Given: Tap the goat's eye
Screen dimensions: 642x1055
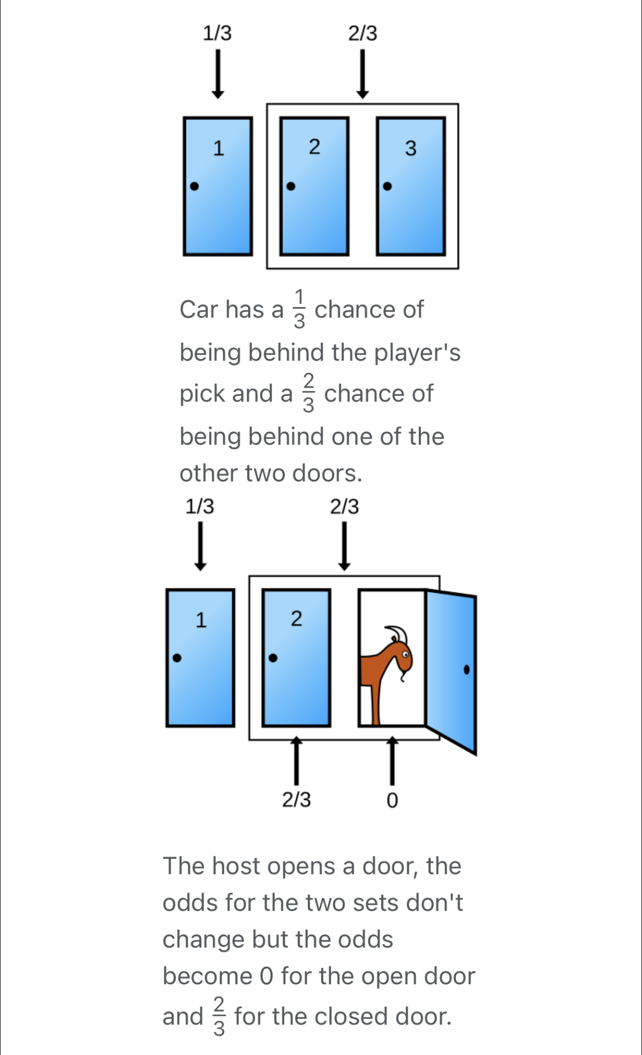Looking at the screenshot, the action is coord(406,654).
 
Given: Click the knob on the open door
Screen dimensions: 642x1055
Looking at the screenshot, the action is coord(466,669).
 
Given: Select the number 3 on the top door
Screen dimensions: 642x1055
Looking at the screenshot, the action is coord(411,148).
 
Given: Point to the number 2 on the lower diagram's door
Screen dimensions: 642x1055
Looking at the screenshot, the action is coord(297,618).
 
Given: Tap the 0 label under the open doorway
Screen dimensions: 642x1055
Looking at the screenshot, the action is coord(391,801).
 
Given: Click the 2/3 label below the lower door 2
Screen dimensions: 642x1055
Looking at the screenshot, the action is coord(297,800).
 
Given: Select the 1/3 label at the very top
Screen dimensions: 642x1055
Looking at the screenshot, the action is coord(217,33).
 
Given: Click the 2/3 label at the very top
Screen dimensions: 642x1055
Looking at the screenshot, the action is coord(363,33).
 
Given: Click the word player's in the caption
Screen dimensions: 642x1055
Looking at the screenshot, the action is coord(418,353).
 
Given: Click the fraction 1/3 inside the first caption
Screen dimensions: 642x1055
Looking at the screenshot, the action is coord(300,309).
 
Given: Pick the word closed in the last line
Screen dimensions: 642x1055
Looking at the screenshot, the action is coord(352,1016).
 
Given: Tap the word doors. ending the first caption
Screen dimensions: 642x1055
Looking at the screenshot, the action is coord(327,473).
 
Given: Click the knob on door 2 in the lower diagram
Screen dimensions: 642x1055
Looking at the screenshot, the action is coord(273,658).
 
